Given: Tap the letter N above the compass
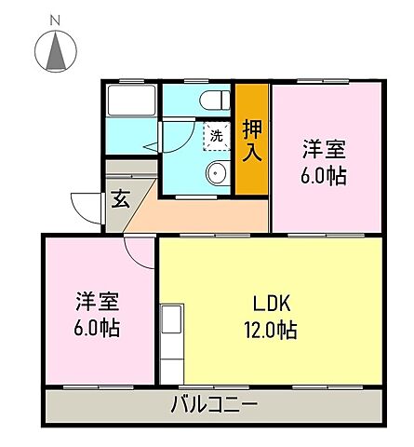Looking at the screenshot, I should (x=56, y=18).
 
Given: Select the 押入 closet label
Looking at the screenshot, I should (x=251, y=140).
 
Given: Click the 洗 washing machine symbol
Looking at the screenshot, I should (x=217, y=136).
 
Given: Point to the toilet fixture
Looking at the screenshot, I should (x=215, y=99).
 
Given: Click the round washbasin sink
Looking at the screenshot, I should (x=218, y=172).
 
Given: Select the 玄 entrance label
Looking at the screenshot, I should (x=120, y=198).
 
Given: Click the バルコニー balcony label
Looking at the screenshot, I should (x=214, y=404).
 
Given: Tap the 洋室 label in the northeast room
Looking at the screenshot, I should (x=324, y=149).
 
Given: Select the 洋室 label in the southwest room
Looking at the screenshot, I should (x=98, y=302).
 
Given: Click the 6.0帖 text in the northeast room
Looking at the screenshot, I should (x=324, y=175).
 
